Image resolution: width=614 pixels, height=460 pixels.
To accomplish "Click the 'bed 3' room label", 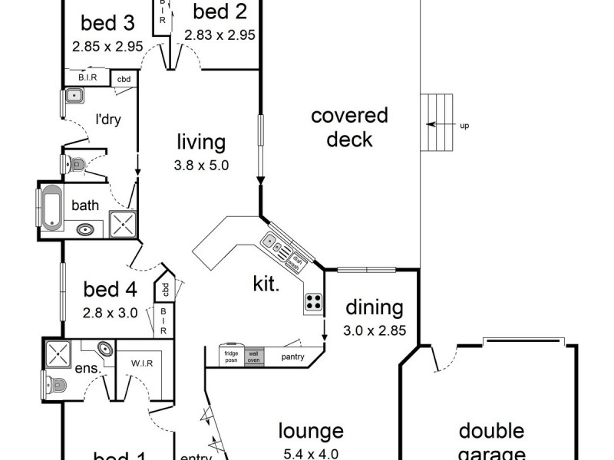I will coord(107,21).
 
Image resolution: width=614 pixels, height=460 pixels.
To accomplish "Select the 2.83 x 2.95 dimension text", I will coord(219,34).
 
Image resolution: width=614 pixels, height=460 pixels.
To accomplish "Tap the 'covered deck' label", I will coord(349,127).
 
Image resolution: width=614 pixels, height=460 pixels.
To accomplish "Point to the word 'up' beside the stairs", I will coord(464,125).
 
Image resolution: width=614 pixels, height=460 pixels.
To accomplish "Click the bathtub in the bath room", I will coord(51,206).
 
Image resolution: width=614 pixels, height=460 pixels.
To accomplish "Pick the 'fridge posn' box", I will coord(230,356).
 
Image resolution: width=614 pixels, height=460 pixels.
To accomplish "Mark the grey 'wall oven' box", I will coord(254,356).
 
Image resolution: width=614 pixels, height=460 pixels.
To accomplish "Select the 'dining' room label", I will coord(374,308).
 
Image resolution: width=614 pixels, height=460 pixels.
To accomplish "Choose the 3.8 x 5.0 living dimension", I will coord(202,164).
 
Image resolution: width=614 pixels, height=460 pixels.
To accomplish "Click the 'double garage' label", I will coord(491,441).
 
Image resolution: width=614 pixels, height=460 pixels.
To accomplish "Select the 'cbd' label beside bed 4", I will coord(165,290).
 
